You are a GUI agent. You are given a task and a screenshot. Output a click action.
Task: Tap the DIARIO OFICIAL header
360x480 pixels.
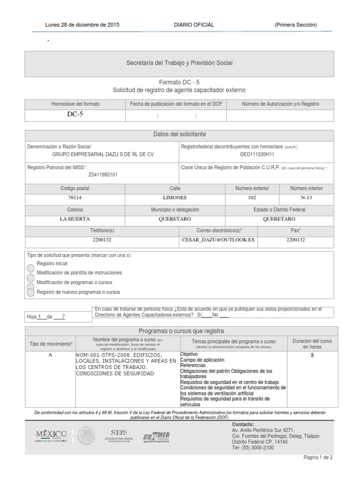194,25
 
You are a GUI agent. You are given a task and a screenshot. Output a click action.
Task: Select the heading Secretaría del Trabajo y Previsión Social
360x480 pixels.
180,62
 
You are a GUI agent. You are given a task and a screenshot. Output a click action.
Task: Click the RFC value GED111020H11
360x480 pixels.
256,154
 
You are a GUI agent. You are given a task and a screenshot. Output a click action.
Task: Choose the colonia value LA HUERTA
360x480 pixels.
75,219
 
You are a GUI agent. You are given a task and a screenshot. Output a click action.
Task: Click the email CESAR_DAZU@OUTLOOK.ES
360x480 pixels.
218,240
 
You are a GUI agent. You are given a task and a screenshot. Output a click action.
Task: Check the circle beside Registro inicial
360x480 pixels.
30,267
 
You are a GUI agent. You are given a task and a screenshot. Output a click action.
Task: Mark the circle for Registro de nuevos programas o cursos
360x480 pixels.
30,292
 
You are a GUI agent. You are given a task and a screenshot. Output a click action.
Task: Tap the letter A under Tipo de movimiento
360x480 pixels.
50,355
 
